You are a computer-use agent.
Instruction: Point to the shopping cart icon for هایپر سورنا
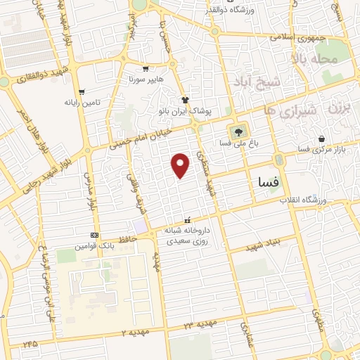(x=145, y=70)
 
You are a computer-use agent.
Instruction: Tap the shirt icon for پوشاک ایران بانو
(x=186, y=100)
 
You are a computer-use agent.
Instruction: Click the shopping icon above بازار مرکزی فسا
(x=321, y=139)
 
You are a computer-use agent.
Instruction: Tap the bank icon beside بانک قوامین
(x=94, y=235)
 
